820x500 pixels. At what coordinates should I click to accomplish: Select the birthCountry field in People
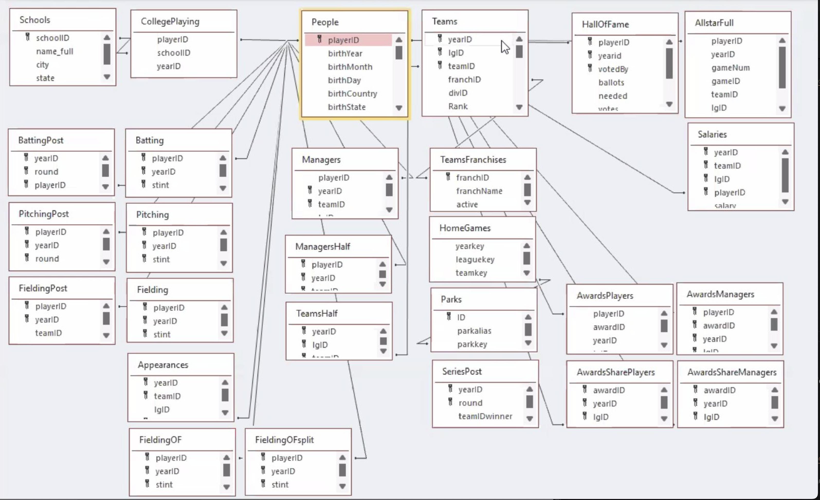(352, 94)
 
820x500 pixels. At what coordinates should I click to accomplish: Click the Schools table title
(35, 20)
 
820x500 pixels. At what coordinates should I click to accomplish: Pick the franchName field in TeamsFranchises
(479, 191)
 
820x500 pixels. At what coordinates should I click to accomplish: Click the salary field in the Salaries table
(725, 206)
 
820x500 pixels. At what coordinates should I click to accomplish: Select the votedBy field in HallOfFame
(613, 69)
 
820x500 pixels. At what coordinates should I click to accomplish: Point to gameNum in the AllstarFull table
(731, 68)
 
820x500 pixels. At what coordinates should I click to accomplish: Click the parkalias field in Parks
(474, 331)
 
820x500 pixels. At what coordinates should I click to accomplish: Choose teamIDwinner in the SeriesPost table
(485, 416)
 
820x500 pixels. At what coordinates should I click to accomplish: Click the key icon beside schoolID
(28, 37)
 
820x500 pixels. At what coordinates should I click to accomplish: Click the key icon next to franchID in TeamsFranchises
(448, 177)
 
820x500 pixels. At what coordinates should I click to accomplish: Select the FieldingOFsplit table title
(284, 440)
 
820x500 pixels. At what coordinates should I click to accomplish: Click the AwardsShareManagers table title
(732, 372)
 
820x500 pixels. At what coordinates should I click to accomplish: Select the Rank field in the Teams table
(458, 106)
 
